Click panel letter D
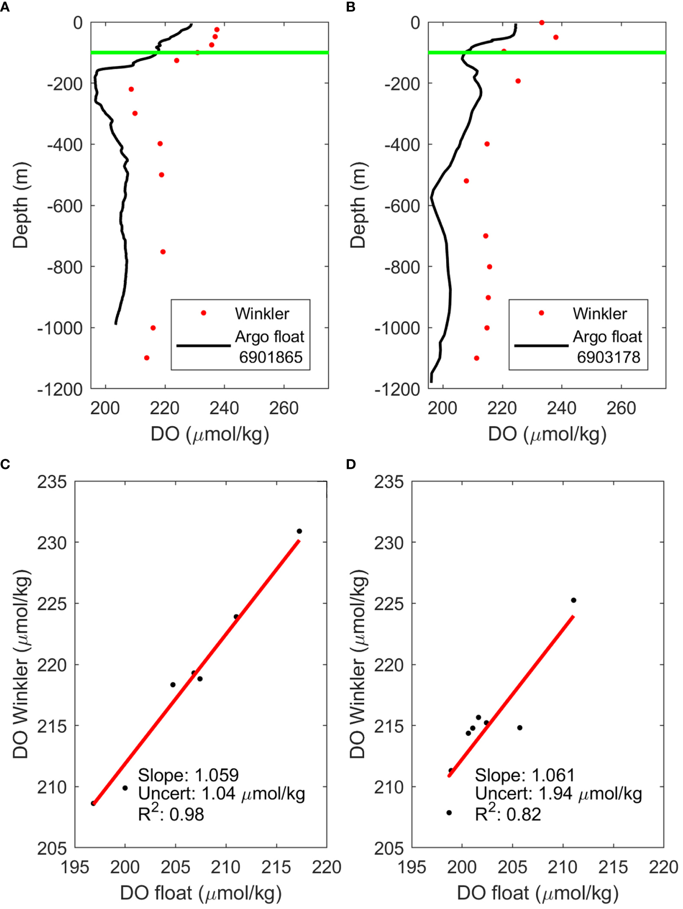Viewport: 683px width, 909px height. (x=351, y=464)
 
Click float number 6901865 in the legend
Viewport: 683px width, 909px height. (x=270, y=357)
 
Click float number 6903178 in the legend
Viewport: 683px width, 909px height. (x=608, y=357)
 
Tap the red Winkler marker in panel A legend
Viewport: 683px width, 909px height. (x=204, y=313)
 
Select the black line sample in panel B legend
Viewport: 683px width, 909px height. (x=541, y=345)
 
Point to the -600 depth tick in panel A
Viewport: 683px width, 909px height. (x=65, y=206)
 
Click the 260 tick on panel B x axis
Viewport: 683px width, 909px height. (x=621, y=408)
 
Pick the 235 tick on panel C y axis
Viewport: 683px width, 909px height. (x=52, y=482)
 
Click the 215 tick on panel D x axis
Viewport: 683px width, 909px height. (x=613, y=867)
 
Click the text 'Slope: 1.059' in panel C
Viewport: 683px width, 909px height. (x=188, y=775)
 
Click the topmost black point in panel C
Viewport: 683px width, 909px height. (x=299, y=531)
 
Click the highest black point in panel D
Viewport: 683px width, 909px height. (x=574, y=600)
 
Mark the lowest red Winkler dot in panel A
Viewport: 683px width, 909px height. (x=147, y=358)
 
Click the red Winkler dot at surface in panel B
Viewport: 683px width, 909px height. (x=542, y=22)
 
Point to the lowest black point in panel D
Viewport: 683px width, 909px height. (x=449, y=813)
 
